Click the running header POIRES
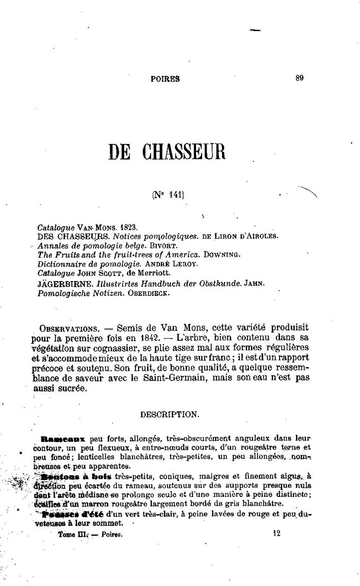[165, 79]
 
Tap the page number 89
[299, 78]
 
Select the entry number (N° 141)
[167, 193]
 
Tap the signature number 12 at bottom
[276, 534]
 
